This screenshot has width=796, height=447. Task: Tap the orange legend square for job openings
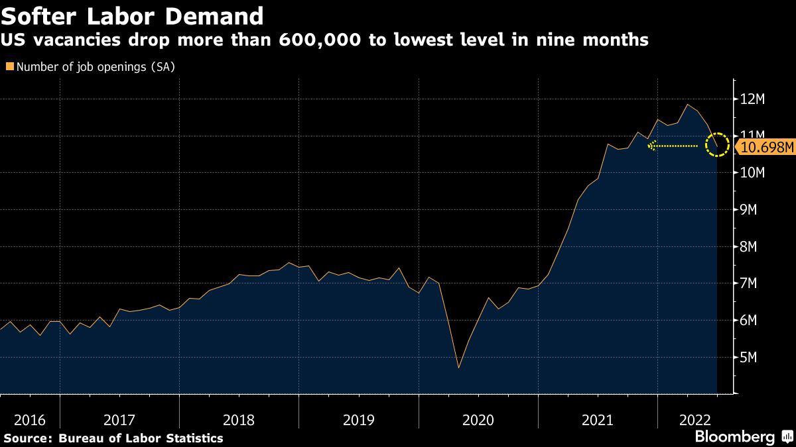[9, 66]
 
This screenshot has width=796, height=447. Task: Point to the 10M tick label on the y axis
[753, 173]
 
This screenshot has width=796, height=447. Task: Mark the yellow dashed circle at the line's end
[717, 144]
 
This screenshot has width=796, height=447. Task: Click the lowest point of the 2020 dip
[458, 368]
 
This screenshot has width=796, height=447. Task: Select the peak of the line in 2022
[687, 105]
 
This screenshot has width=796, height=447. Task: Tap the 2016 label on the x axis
[29, 420]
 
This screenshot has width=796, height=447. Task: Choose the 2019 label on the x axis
[358, 420]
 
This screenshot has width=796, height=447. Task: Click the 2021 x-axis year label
[598, 420]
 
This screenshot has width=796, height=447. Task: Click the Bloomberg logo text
[734, 437]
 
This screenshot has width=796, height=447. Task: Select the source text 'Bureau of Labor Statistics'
[141, 438]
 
